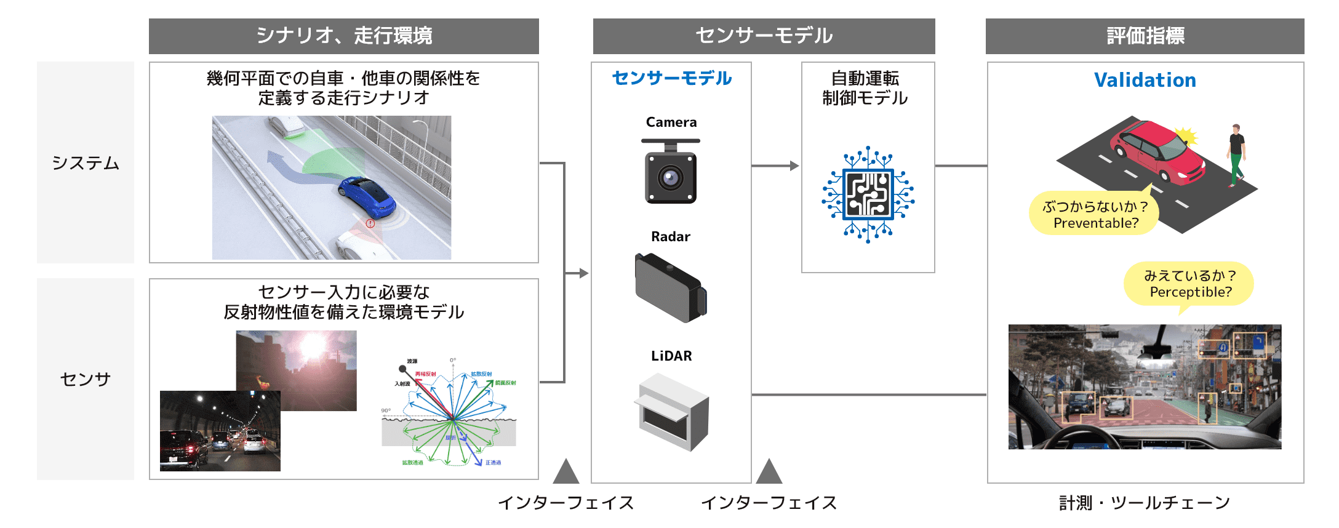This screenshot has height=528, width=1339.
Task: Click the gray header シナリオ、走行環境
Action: pos(343,36)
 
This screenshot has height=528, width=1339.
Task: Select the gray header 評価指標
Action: pos(1145,36)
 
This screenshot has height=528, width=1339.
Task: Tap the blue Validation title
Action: pos(1145,80)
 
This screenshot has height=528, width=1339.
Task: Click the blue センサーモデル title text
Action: pos(671,78)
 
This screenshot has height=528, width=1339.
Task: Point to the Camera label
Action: pos(671,122)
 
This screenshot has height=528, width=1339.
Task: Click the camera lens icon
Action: pos(670,178)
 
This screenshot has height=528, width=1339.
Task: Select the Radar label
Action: pos(671,236)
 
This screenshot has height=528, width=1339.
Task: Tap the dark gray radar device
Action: pos(670,288)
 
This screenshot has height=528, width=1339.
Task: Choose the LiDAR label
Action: pos(671,356)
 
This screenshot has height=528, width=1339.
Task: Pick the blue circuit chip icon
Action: pos(868,194)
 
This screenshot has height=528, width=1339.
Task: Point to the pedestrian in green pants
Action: pos(1236,154)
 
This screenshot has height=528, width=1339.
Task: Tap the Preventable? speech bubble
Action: pos(1095,214)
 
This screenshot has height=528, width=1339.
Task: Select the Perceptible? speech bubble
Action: pos(1189,284)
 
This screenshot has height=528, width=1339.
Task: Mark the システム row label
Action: pos(86,162)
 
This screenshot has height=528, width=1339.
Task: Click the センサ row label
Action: pos(86,379)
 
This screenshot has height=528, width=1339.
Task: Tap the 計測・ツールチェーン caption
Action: pos(1145,503)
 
